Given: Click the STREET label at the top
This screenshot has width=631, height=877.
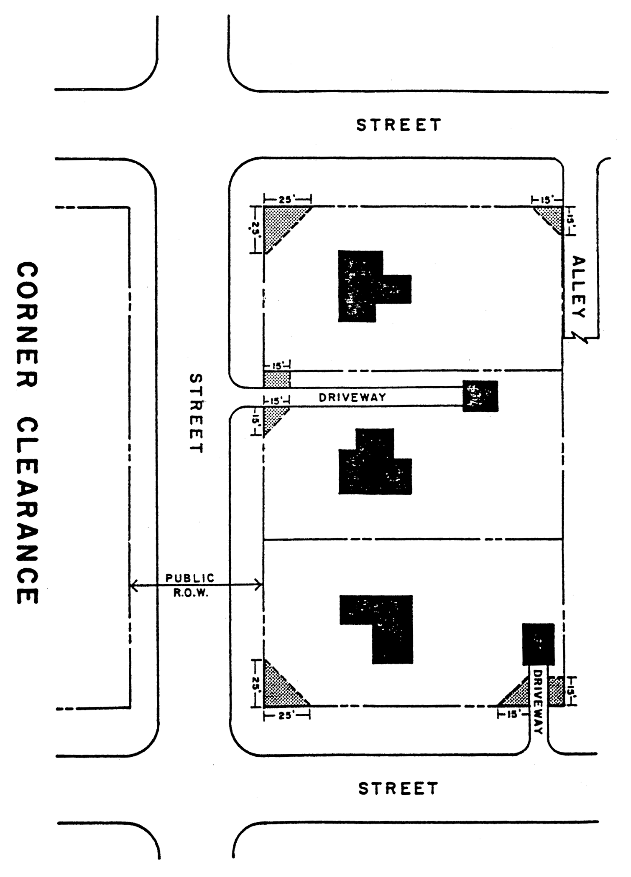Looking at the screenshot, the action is [x=399, y=125].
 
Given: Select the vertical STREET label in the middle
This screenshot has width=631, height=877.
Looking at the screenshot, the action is [x=196, y=413].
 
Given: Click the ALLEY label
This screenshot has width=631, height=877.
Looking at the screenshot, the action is [x=579, y=287].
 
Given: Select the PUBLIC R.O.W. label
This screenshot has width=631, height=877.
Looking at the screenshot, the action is [x=190, y=585].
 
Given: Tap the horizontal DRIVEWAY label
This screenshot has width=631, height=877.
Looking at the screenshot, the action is [x=353, y=398].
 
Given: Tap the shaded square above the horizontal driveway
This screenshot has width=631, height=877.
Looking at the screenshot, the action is [x=277, y=379].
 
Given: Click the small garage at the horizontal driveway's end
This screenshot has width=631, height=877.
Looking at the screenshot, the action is [x=480, y=396].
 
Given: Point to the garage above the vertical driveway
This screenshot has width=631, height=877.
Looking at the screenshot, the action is [x=539, y=644].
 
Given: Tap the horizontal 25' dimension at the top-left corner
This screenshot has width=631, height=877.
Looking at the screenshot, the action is [x=288, y=200].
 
